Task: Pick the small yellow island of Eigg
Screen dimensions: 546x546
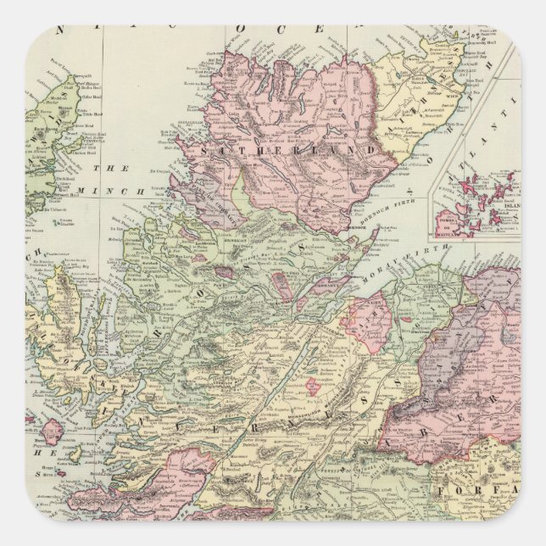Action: [x=72, y=455]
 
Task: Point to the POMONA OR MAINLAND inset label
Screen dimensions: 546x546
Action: [x=449, y=221]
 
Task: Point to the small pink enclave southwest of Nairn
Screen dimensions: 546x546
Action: [x=348, y=322]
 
